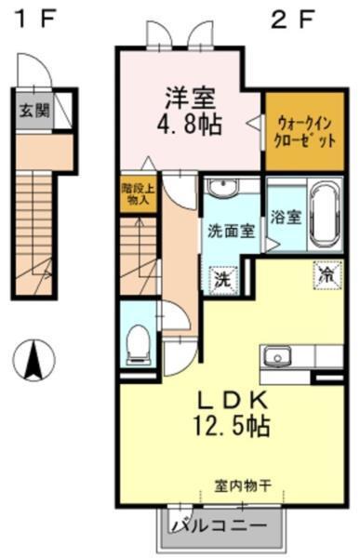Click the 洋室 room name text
192,96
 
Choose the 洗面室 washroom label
231,232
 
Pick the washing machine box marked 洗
222,278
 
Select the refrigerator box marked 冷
327,274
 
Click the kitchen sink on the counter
276,357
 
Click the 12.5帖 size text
233,428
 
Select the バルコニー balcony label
224,528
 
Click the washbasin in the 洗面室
220,189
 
